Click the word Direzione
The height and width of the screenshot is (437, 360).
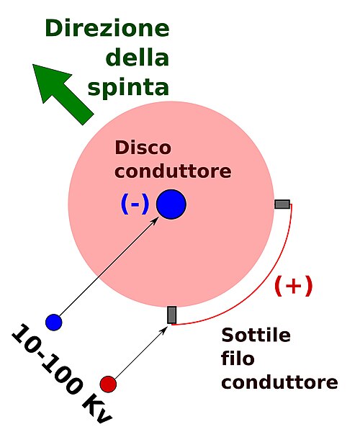[x=107, y=28]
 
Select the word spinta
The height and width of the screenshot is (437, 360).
[x=128, y=87]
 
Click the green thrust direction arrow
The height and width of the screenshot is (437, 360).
[x=63, y=94]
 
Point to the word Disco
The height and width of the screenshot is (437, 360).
[x=143, y=148]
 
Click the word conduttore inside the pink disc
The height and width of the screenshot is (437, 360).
[x=173, y=171]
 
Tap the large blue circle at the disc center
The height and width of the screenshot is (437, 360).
[x=171, y=204]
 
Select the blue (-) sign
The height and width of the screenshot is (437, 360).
[x=135, y=204]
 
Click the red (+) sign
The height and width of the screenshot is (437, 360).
[x=294, y=286]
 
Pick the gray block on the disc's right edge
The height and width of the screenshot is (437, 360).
[x=282, y=204]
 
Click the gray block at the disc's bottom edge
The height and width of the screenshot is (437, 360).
[x=171, y=315]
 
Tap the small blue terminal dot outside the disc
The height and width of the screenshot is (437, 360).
[x=54, y=323]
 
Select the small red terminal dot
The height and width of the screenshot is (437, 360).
[x=108, y=384]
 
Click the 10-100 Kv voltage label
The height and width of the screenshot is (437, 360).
[x=62, y=374]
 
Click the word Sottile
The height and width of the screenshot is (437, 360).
[x=256, y=335]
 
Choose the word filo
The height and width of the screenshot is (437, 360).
[x=238, y=359]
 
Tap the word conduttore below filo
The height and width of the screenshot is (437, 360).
[x=279, y=382]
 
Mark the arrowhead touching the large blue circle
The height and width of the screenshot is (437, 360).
[x=155, y=220]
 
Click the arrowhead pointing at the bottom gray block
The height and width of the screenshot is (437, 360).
[x=164, y=330]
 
